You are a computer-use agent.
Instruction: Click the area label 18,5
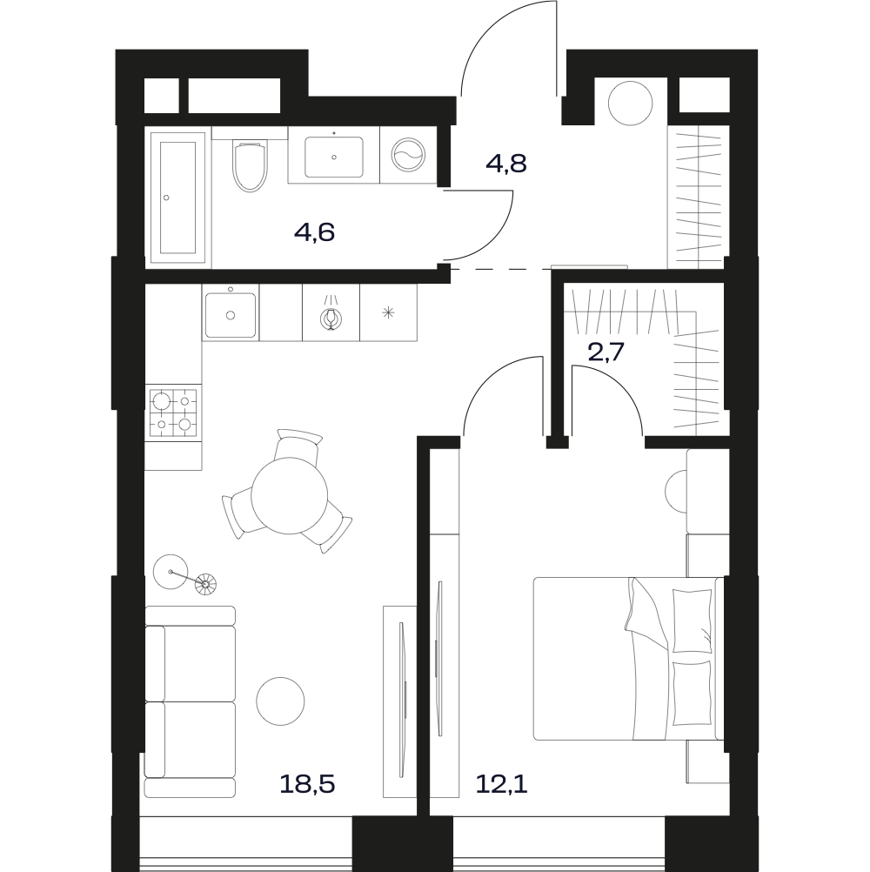[307, 784]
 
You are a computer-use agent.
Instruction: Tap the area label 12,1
[501, 784]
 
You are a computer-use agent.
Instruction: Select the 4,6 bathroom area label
[314, 231]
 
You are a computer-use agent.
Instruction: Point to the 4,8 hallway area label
[505, 164]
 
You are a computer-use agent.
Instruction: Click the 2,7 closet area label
[606, 352]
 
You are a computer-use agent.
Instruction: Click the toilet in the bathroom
[251, 167]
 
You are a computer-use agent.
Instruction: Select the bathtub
[177, 198]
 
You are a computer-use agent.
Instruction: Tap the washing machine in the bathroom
[409, 154]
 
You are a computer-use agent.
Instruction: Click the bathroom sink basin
[333, 158]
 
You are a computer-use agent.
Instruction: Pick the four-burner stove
[173, 413]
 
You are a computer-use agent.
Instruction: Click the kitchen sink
[231, 315]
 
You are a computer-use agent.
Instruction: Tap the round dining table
[289, 495]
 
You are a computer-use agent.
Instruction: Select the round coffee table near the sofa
[281, 701]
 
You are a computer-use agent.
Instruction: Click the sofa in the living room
[190, 701]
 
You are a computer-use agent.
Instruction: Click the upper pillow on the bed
[693, 620]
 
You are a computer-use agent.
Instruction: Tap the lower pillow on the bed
[693, 693]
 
